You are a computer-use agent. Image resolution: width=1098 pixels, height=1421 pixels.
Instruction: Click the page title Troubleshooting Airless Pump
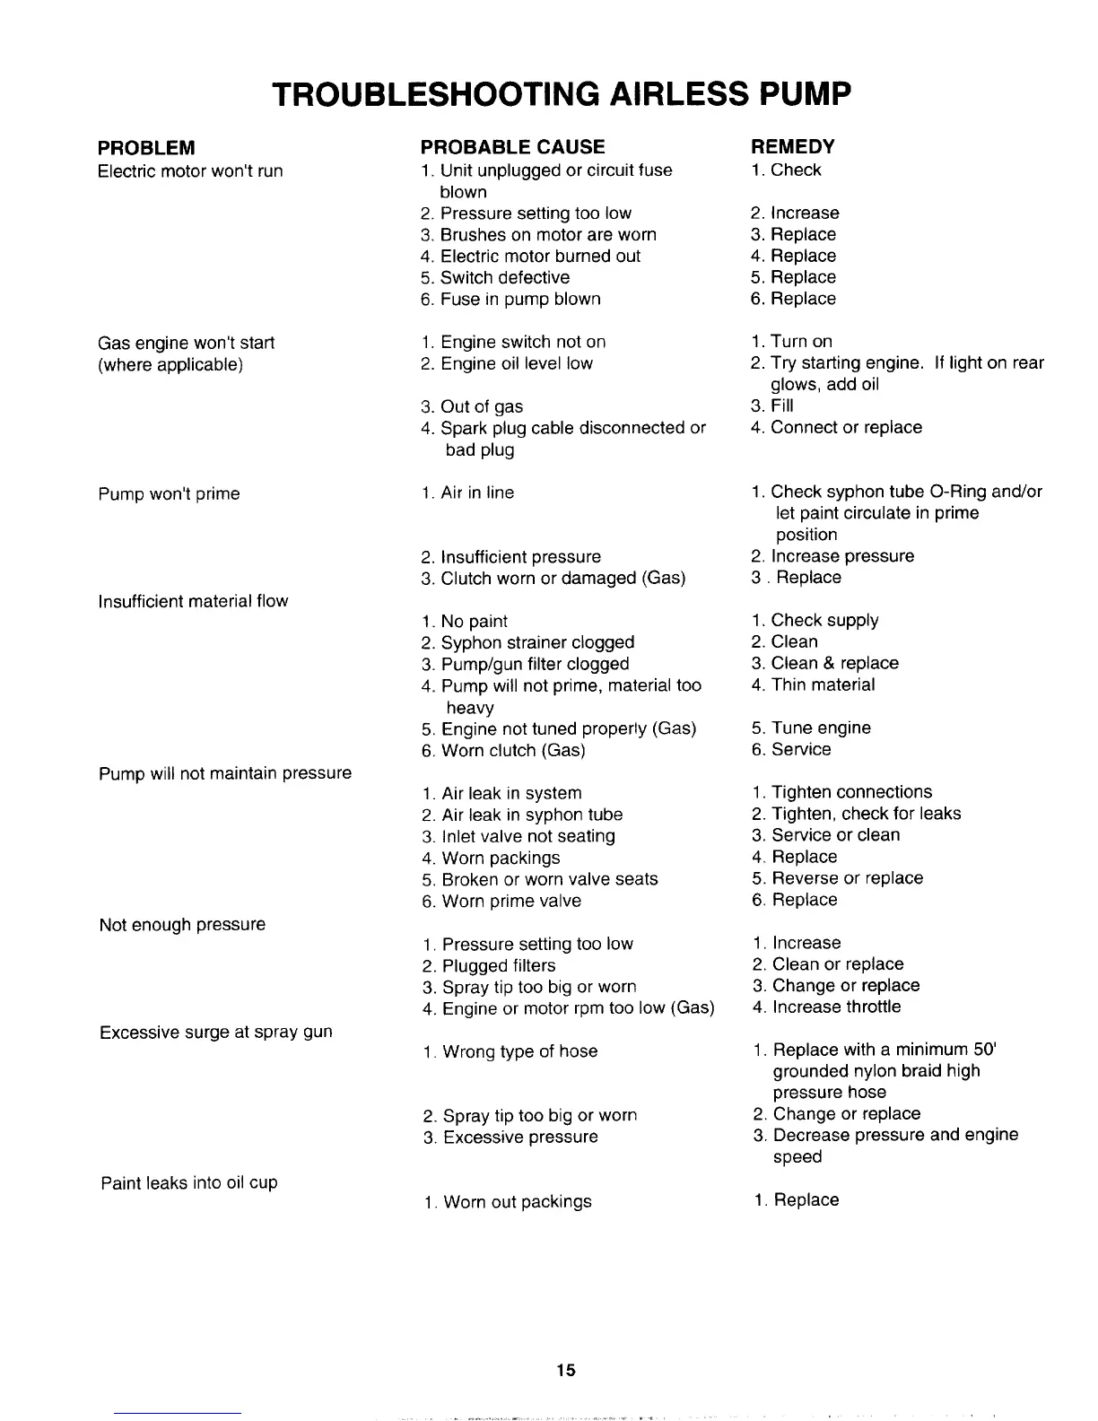pyautogui.click(x=561, y=94)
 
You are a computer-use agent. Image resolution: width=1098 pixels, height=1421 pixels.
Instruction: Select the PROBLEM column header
pyautogui.click(x=146, y=147)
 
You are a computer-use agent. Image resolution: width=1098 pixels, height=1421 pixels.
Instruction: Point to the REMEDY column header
pyautogui.click(x=792, y=146)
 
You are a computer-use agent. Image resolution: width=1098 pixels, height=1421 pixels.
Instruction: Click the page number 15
pyautogui.click(x=564, y=1370)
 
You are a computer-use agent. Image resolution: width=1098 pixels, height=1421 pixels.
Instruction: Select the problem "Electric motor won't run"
pyautogui.click(x=190, y=170)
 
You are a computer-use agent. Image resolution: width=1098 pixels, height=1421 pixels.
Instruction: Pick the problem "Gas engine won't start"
pyautogui.click(x=186, y=343)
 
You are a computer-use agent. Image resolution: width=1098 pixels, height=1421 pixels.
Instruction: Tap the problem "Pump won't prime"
pyautogui.click(x=170, y=494)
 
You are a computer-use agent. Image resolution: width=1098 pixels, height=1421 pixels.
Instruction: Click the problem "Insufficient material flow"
pyautogui.click(x=194, y=601)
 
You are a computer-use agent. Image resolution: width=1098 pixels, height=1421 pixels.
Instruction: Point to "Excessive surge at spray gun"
pyautogui.click(x=216, y=1032)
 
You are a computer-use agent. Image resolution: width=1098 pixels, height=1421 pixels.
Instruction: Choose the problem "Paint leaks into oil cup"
pyautogui.click(x=189, y=1182)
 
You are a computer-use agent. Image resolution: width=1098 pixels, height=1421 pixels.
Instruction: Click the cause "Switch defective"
pyautogui.click(x=504, y=278)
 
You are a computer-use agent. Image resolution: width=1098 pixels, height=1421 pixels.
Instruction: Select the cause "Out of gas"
pyautogui.click(x=482, y=407)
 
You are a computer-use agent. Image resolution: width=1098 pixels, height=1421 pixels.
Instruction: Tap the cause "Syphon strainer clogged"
pyautogui.click(x=537, y=642)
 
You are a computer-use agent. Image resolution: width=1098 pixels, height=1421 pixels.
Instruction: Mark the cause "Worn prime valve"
pyautogui.click(x=511, y=901)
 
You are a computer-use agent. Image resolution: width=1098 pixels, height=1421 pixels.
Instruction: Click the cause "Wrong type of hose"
pyautogui.click(x=519, y=1051)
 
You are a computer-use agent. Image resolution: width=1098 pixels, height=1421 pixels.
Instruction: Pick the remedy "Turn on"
pyautogui.click(x=801, y=342)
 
